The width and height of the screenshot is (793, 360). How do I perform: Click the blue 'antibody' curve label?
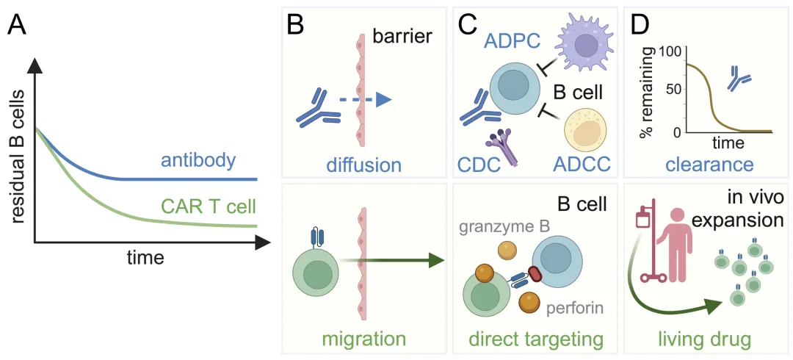[199, 162]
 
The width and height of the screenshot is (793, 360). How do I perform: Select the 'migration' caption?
[363, 339]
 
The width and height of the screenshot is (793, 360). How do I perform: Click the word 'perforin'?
[575, 307]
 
